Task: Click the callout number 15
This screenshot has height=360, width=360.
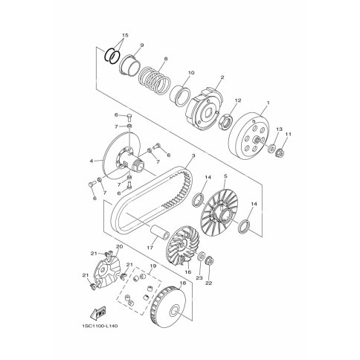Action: (x=125, y=36)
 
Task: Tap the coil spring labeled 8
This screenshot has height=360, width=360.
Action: (x=154, y=80)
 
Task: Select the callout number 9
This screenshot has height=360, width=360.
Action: (x=142, y=45)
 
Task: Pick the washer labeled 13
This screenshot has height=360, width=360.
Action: (x=272, y=149)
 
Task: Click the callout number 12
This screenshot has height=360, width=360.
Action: (x=238, y=100)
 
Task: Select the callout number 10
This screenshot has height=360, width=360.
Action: (x=191, y=73)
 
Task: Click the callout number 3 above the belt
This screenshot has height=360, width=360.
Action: (x=193, y=155)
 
